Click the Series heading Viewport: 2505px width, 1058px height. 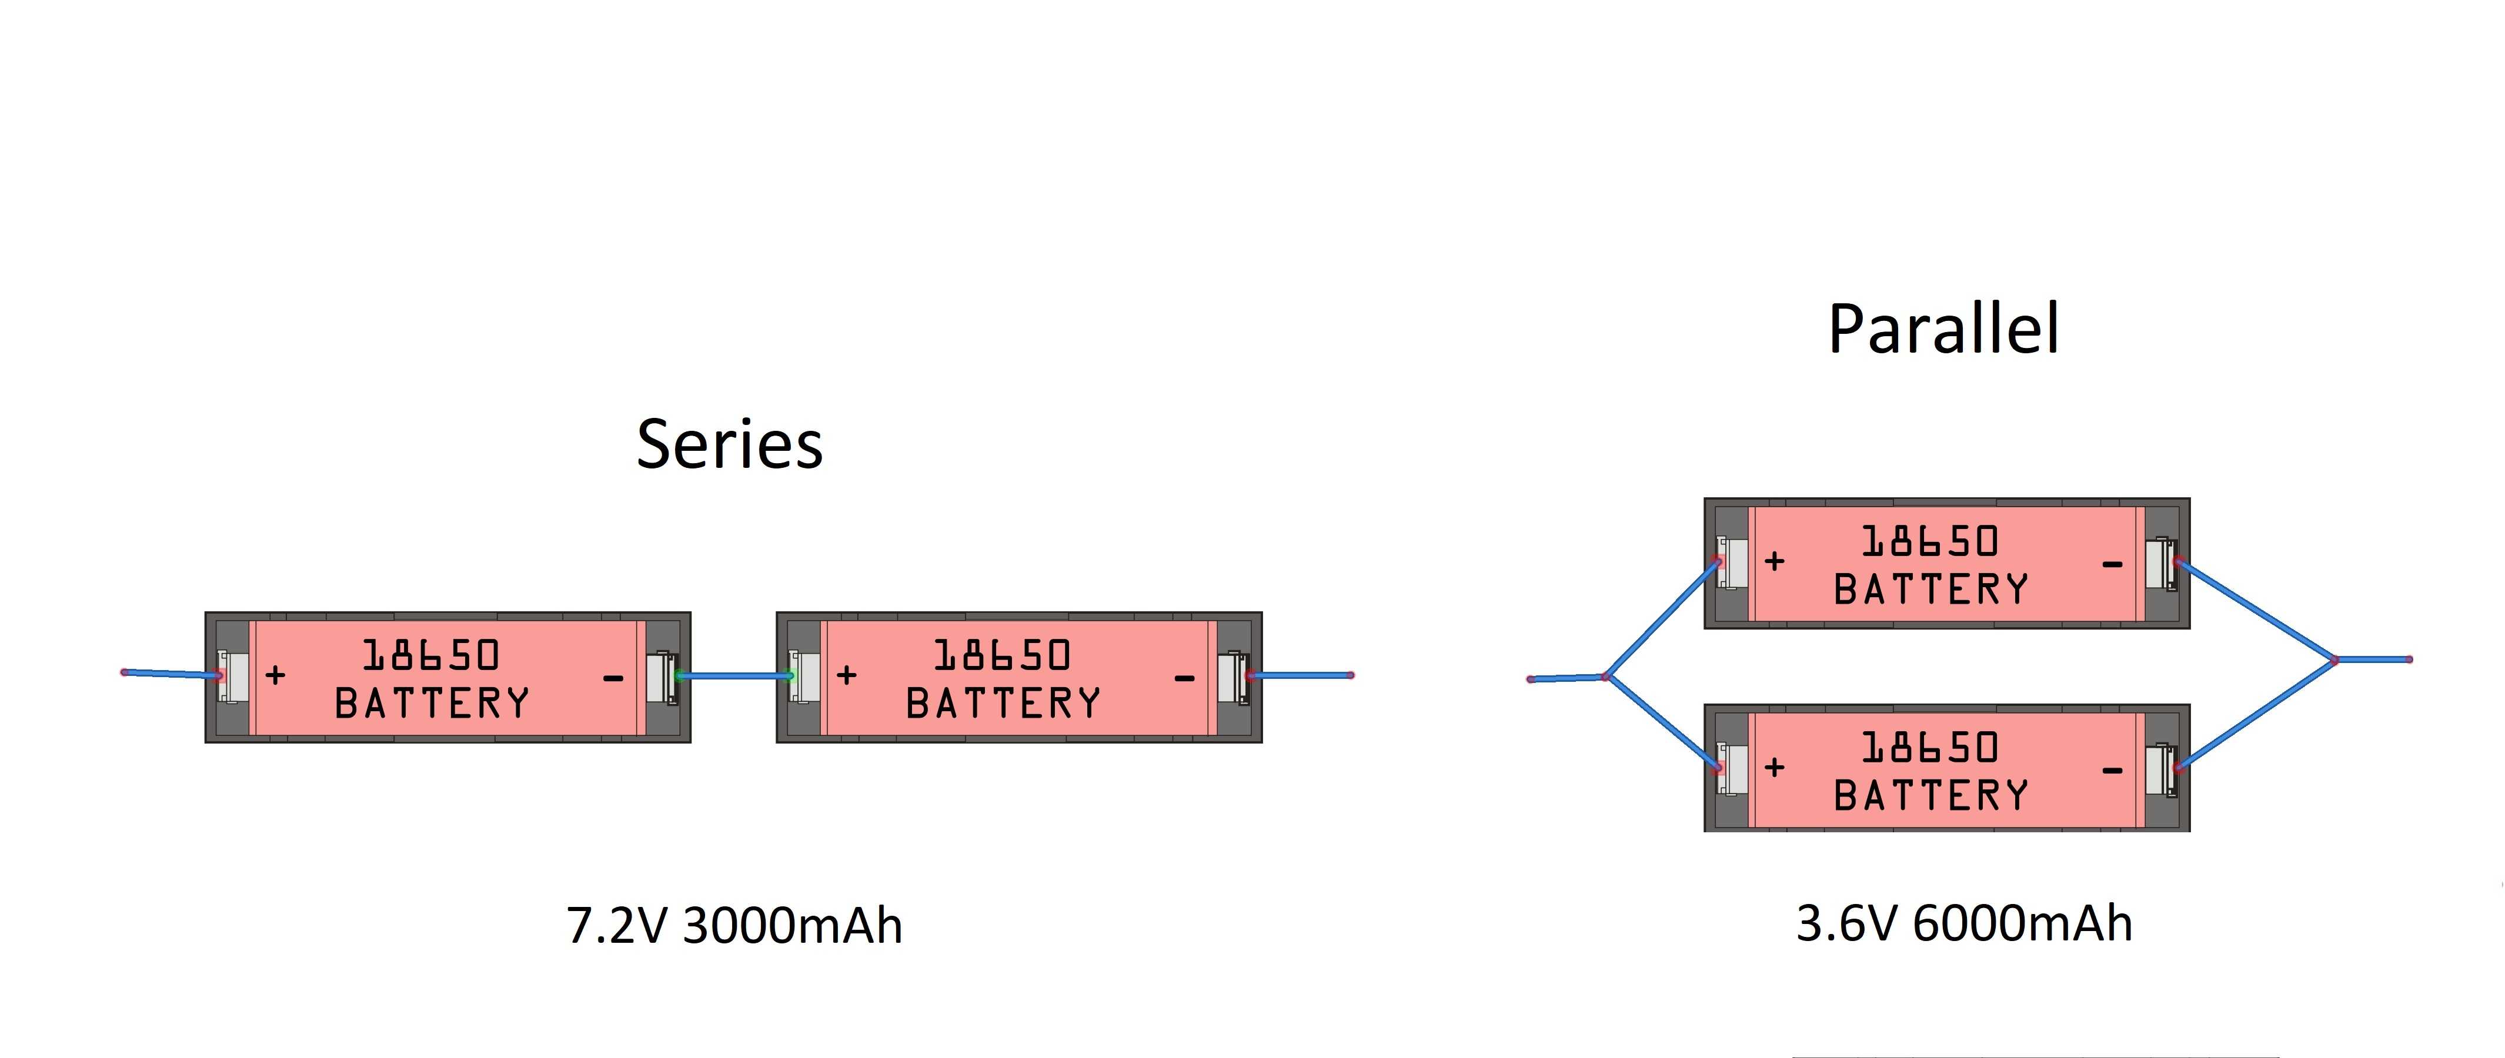(729, 444)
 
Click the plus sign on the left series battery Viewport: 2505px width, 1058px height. (275, 675)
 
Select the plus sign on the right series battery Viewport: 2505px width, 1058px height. (846, 675)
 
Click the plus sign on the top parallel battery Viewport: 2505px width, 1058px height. (1775, 561)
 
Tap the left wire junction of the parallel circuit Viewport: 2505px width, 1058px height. (1605, 677)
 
